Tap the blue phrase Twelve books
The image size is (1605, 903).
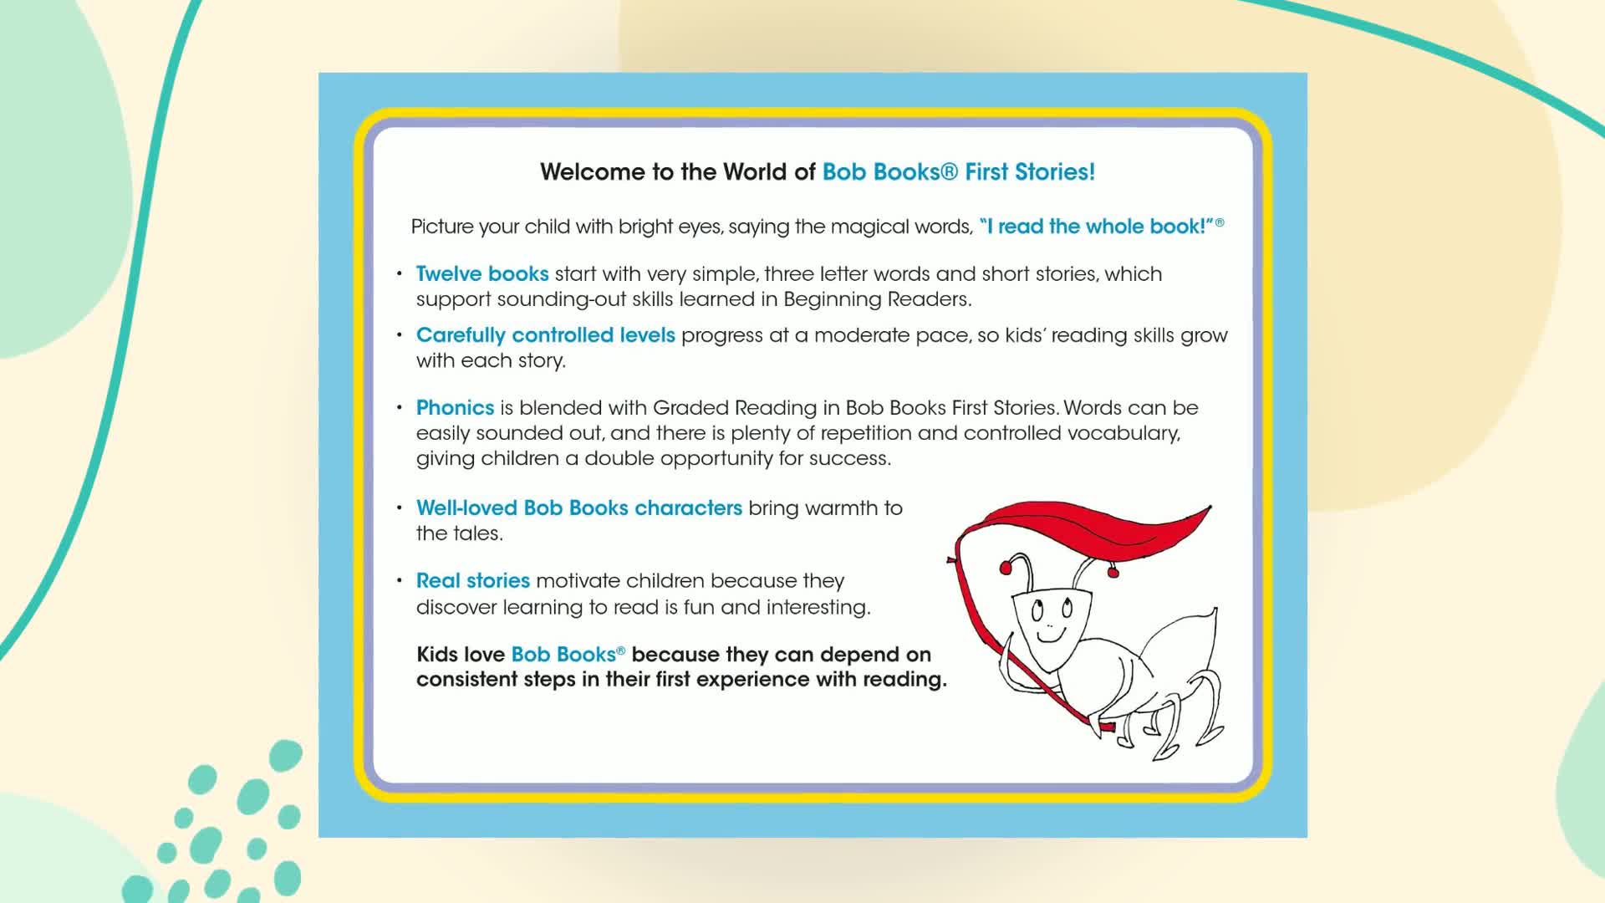tap(482, 274)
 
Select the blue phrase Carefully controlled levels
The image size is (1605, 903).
tap(546, 335)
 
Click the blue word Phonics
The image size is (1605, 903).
tap(456, 408)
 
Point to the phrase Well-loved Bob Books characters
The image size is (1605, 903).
tap(579, 508)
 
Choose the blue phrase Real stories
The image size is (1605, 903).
tap(473, 581)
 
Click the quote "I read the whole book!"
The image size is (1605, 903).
tap(1097, 227)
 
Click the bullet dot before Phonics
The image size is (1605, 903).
tap(400, 408)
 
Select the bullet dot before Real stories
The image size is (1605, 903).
tap(400, 581)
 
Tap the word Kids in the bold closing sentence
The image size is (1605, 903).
tap(438, 655)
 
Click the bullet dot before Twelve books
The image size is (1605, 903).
tap(400, 274)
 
